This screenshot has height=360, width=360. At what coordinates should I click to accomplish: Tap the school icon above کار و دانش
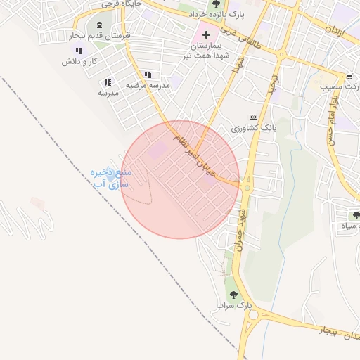[x=78, y=51]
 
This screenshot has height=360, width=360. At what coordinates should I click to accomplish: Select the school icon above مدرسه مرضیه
[x=147, y=74]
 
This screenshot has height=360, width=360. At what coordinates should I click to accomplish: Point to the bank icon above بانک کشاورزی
[x=253, y=117]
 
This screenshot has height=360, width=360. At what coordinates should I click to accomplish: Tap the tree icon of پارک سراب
[x=233, y=295]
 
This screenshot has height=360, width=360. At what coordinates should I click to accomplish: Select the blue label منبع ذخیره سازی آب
[x=112, y=177]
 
